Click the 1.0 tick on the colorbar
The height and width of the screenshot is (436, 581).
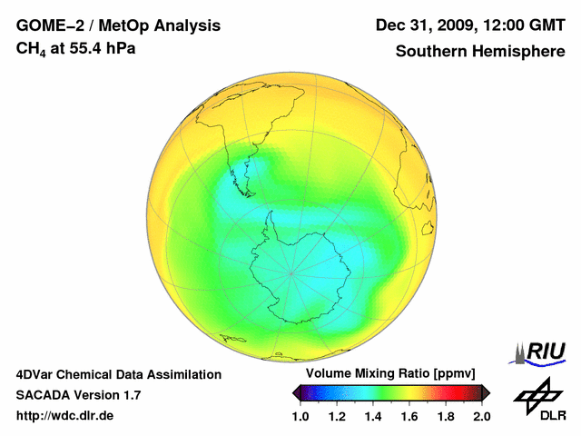click(x=300, y=416)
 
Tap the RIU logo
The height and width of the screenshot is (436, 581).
click(x=539, y=352)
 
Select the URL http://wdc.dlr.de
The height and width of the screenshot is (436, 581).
click(x=65, y=416)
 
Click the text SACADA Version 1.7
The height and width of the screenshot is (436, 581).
click(x=78, y=395)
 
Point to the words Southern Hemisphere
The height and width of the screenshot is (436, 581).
click(x=480, y=52)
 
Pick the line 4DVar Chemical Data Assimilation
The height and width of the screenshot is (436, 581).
click(x=118, y=374)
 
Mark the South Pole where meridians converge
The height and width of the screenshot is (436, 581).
click(x=291, y=272)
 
